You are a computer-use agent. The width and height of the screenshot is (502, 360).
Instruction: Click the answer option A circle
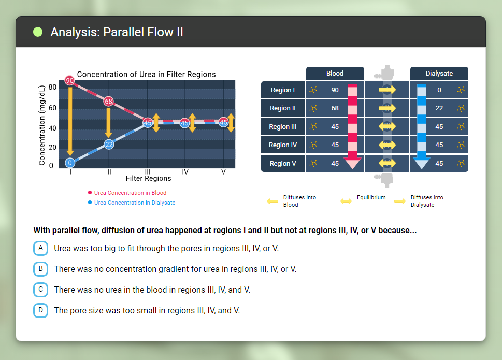[40, 248]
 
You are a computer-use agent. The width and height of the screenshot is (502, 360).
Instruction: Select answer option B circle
[40, 269]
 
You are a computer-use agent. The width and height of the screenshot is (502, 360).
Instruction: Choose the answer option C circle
[40, 290]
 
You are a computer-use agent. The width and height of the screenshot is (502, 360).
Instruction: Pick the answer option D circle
[40, 310]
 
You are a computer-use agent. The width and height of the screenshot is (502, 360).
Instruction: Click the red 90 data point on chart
[70, 81]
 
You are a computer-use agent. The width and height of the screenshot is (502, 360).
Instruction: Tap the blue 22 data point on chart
[109, 144]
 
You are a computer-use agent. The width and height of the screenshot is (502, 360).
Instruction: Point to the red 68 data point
[109, 102]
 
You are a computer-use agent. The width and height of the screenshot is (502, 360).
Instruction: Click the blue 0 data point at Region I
[70, 163]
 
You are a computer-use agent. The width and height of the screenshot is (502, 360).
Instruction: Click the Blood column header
[335, 74]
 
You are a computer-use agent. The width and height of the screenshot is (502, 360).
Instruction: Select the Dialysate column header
[439, 74]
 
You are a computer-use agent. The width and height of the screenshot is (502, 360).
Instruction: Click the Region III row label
[283, 127]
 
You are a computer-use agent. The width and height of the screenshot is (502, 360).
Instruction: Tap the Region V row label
[283, 164]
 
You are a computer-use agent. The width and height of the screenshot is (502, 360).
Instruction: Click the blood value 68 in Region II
[335, 108]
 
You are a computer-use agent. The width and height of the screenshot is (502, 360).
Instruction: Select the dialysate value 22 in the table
[439, 108]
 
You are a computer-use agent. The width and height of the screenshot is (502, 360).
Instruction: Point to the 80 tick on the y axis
[52, 87]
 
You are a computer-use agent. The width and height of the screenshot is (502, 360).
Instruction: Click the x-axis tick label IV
[185, 171]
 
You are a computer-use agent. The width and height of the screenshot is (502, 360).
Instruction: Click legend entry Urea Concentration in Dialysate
[134, 203]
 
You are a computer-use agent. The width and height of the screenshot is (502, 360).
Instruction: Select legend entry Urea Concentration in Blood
[130, 193]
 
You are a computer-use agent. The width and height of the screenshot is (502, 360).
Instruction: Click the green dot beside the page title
[38, 32]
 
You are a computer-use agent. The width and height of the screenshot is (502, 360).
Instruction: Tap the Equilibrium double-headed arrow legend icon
[346, 201]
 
